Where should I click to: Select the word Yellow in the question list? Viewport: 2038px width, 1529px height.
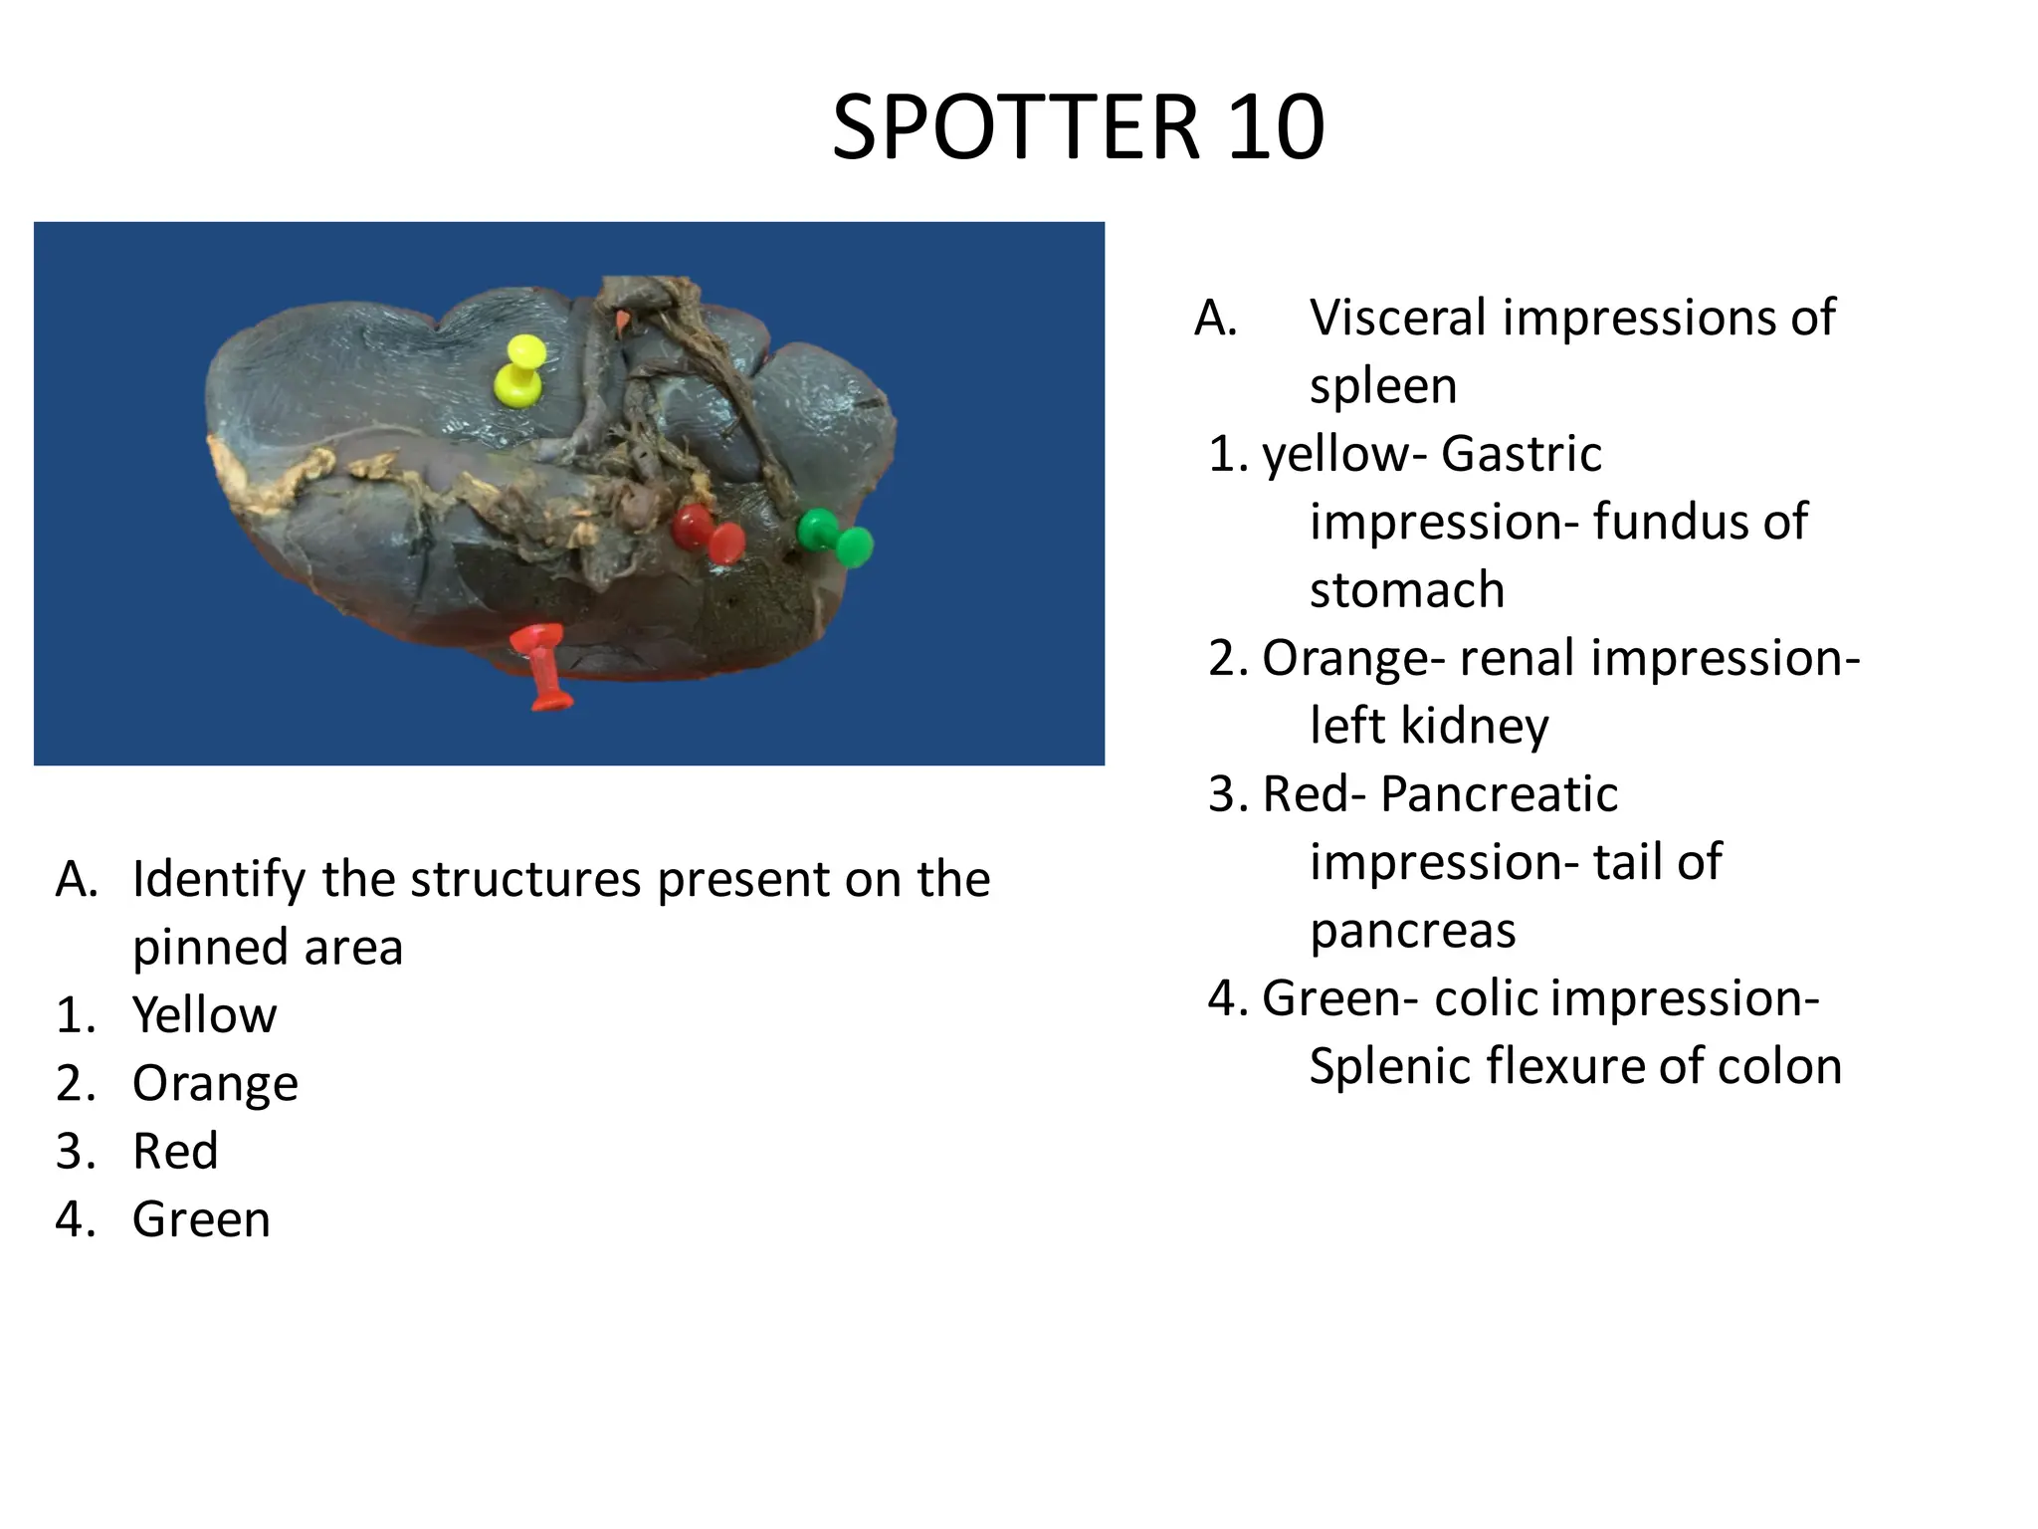click(x=204, y=1015)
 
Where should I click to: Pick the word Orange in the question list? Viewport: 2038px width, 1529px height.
click(x=215, y=1083)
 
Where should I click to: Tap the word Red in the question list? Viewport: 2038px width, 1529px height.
click(x=175, y=1151)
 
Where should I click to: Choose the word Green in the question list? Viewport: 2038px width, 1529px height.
click(x=201, y=1219)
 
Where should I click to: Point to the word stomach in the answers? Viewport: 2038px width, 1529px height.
click(x=1406, y=589)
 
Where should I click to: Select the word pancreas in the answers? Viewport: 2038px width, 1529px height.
click(x=1412, y=932)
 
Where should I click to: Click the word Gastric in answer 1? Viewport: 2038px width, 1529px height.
click(x=1521, y=454)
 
